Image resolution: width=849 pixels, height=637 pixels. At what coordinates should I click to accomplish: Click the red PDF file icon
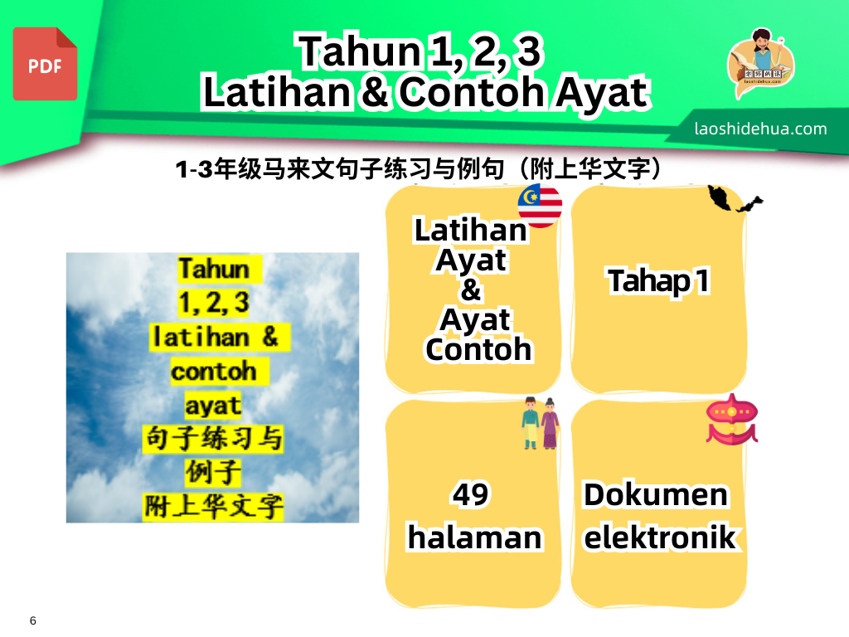[45, 64]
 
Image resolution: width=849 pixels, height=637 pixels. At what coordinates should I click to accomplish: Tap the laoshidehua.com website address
[760, 129]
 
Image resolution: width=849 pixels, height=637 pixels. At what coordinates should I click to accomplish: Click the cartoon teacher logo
[761, 62]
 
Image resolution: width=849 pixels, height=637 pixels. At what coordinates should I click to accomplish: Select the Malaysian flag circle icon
[540, 206]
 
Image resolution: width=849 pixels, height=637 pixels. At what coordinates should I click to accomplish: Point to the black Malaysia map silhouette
[735, 199]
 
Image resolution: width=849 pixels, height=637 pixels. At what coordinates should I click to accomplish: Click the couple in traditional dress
[541, 423]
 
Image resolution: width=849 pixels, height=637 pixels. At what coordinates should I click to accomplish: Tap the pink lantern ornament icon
[732, 419]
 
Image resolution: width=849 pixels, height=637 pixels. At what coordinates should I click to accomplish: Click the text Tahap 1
[658, 281]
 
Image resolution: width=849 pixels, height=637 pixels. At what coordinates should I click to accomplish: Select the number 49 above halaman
[471, 494]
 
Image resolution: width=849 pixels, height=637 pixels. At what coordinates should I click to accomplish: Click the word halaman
[475, 537]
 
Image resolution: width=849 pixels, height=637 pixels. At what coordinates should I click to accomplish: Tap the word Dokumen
[655, 494]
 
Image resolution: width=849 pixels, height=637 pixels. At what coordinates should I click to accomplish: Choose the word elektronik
[659, 537]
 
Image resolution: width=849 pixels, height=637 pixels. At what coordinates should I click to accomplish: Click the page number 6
[33, 620]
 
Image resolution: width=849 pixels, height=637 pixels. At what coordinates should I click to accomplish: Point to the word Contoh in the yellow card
[478, 349]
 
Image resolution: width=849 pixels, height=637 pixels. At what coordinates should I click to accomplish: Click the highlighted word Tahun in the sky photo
[215, 270]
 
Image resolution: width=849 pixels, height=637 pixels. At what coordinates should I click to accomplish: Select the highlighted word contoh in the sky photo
[213, 372]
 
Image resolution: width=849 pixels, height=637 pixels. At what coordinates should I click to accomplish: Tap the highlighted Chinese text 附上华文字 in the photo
[213, 507]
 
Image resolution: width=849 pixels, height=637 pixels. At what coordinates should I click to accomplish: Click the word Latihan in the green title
[277, 91]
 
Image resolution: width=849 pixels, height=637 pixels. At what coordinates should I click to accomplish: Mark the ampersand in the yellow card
[471, 289]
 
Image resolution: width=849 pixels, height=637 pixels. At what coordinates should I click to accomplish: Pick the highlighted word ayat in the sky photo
[213, 406]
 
